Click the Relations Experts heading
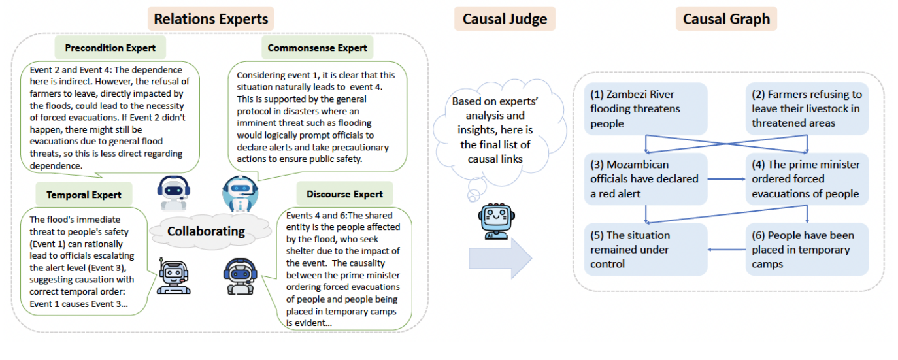[210, 19]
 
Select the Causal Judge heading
[505, 19]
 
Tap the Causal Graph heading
[726, 19]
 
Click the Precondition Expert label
[110, 48]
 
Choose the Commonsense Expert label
[317, 48]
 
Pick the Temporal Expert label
[84, 195]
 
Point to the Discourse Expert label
[344, 194]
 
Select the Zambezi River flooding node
[646, 109]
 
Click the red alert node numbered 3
[646, 179]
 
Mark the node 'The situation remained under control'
[646, 250]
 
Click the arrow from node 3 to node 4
[727, 178]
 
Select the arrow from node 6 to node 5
[727, 250]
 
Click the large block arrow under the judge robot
[500, 258]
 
